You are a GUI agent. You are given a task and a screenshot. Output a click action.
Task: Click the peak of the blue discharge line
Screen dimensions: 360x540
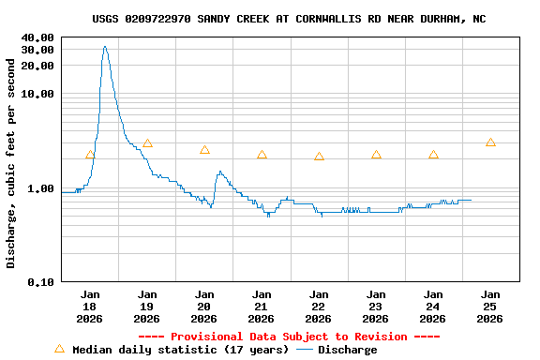105,47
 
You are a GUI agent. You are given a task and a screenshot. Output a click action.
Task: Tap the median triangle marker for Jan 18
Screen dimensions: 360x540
90,155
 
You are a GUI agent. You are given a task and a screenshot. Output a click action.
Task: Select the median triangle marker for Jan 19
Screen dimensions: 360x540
147,143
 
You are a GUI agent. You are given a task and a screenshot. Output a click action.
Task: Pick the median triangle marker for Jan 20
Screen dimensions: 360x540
204,150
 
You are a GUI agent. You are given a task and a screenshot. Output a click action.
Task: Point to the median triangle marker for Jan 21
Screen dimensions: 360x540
262,155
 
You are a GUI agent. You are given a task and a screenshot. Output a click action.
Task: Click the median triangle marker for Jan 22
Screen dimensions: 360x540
319,157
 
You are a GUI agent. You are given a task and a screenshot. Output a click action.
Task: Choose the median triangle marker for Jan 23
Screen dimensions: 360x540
376,155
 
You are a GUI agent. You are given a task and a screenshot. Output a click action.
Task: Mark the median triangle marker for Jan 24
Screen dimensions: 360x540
433,155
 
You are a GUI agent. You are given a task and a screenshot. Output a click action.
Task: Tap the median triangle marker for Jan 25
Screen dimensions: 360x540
490,142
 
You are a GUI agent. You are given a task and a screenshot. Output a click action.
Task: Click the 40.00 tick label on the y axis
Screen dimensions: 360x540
37,37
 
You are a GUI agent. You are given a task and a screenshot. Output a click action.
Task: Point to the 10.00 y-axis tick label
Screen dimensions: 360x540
37,94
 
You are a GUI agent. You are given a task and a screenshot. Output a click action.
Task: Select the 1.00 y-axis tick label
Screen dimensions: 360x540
41,187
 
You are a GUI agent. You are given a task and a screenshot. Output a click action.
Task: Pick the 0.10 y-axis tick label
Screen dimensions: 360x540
41,281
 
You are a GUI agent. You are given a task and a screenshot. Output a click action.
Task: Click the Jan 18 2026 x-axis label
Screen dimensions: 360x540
90,307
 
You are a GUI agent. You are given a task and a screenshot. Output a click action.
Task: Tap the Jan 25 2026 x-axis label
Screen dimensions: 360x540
490,307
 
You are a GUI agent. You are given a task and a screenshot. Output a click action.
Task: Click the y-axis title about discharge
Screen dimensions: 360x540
11,163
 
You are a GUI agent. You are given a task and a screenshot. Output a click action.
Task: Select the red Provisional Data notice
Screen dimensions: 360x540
289,337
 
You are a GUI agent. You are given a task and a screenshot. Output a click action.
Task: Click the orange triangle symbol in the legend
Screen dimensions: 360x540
60,349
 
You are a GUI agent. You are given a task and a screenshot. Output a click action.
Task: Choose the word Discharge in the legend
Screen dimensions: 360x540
347,350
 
